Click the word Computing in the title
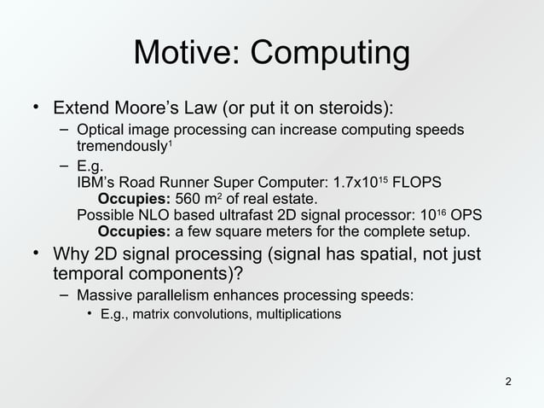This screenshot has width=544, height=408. pyautogui.click(x=330, y=55)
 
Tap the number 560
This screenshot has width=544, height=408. pyautogui.click(x=189, y=199)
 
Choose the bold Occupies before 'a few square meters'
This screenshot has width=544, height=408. pyautogui.click(x=135, y=231)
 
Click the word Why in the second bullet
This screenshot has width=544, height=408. pyautogui.click(x=72, y=255)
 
